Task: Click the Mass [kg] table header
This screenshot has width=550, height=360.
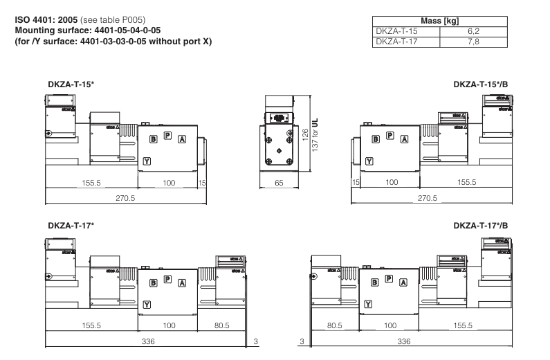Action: click(440, 21)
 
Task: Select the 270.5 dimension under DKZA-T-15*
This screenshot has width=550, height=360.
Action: click(126, 198)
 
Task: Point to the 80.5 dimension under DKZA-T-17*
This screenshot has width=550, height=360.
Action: click(221, 325)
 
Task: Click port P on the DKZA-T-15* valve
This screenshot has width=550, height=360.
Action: click(167, 135)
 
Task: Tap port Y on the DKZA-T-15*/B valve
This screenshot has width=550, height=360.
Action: click(369, 161)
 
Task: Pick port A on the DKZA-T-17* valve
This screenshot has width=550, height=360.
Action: click(182, 282)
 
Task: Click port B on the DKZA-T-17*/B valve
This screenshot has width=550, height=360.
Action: click(374, 282)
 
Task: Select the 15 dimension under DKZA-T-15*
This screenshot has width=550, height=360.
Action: click(202, 182)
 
